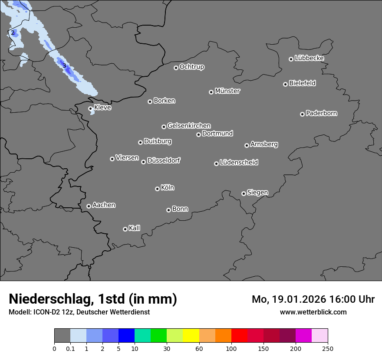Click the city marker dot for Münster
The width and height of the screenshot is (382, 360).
point(211,92)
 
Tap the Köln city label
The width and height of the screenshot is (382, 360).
point(168,188)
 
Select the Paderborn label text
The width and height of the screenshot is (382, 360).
point(322,113)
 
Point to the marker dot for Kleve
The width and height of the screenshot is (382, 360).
point(90,108)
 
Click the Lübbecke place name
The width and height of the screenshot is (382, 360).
point(310,58)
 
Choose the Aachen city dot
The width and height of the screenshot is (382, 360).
point(89,206)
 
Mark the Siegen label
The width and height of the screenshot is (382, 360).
point(257,193)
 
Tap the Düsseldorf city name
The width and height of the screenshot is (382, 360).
point(164,160)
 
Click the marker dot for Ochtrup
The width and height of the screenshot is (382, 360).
point(176,68)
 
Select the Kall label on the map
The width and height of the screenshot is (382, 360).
point(135,228)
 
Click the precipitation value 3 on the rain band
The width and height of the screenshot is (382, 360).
point(64,66)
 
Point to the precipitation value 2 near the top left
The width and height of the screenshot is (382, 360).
point(13,33)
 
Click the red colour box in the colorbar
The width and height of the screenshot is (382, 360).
point(239,336)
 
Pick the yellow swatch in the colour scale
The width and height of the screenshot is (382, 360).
point(191,336)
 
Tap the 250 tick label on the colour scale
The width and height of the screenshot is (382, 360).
point(328,348)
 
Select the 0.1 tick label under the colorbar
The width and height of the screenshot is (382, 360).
point(70,348)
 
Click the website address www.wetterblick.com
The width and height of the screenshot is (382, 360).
point(313,312)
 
